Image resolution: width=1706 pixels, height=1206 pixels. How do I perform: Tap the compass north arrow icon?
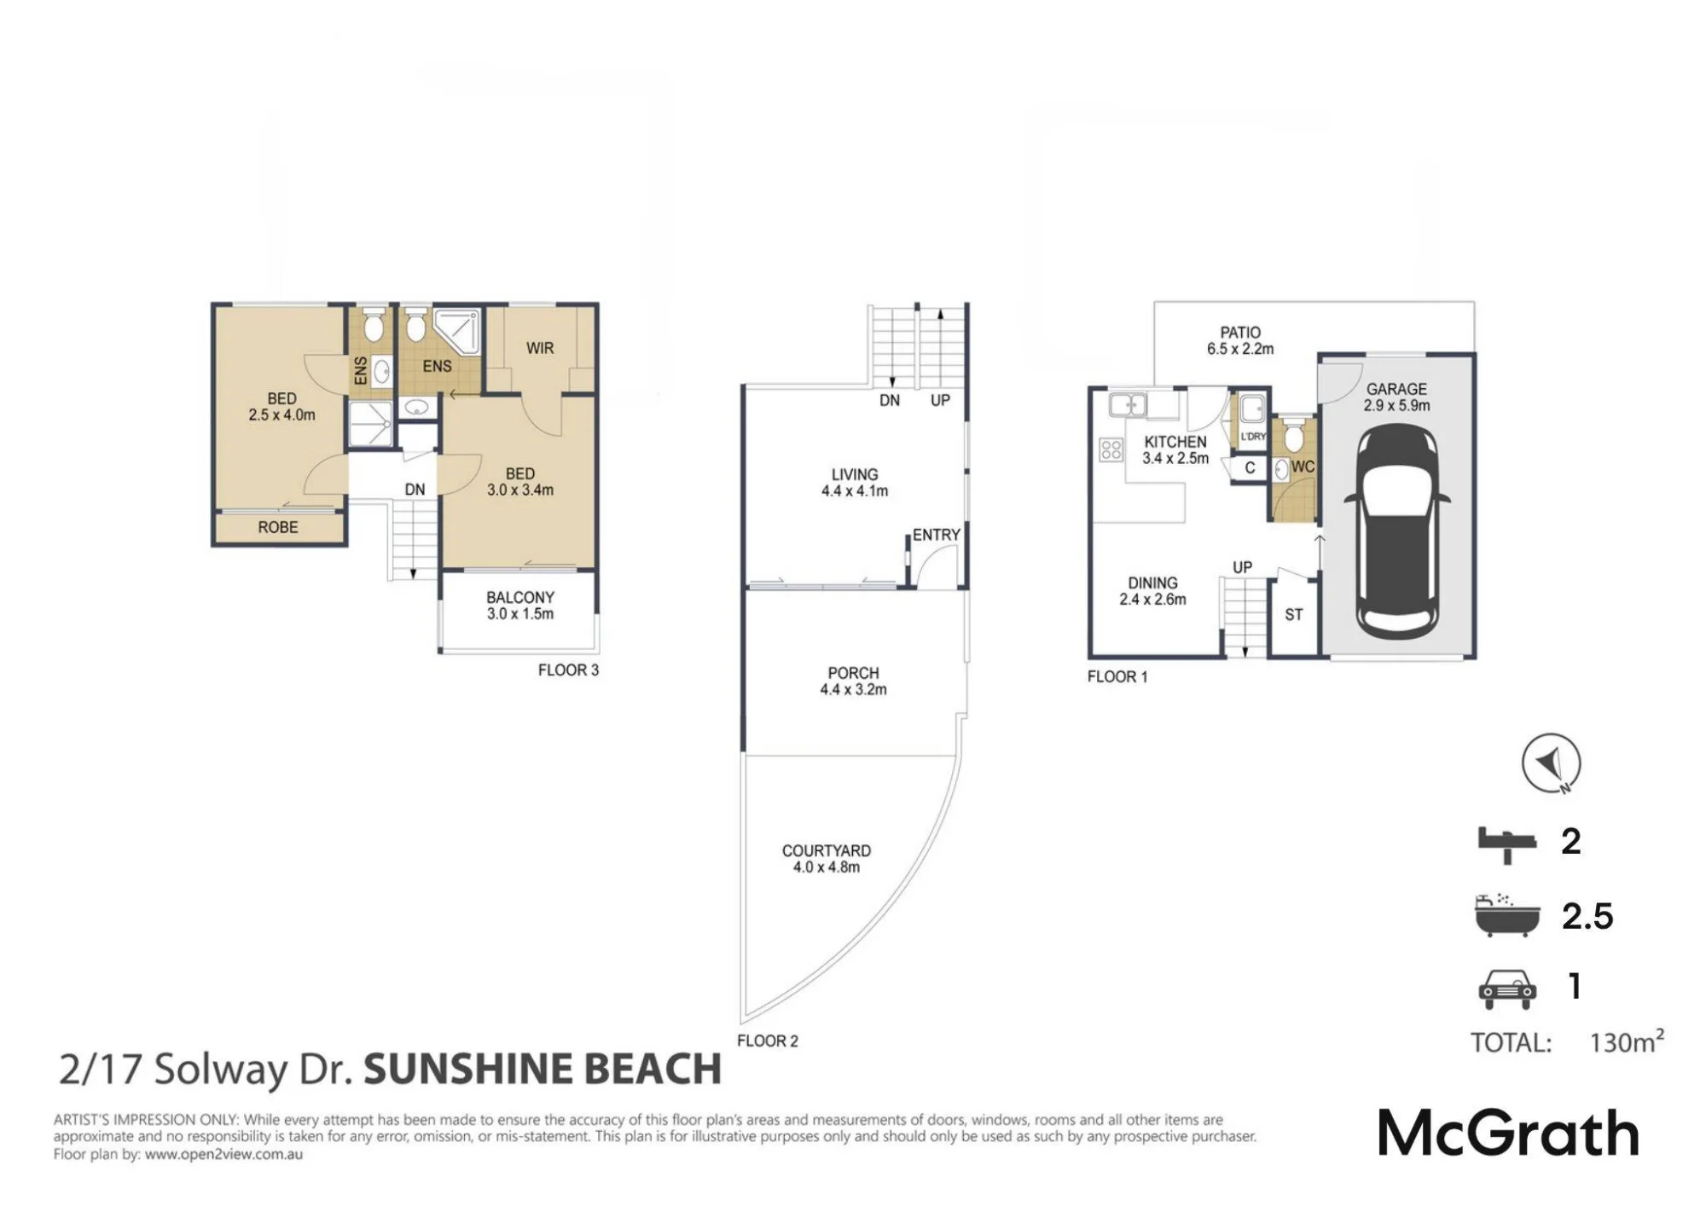tap(1551, 762)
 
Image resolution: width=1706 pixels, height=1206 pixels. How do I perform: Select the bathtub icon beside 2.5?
tap(1507, 916)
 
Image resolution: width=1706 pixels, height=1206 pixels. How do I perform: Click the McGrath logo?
tap(1508, 1134)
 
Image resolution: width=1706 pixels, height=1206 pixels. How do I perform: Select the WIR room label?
tap(540, 348)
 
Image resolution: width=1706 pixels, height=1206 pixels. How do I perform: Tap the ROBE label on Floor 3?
tap(278, 527)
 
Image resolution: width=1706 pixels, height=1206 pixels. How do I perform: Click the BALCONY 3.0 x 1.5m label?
tap(520, 606)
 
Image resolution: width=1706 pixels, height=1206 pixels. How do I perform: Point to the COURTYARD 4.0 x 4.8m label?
tap(827, 859)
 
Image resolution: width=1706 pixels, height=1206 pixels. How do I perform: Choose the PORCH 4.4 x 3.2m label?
tap(853, 681)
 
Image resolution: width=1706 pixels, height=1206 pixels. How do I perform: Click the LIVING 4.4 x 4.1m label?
tap(855, 483)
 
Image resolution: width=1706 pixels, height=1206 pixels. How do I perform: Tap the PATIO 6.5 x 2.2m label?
tap(1240, 340)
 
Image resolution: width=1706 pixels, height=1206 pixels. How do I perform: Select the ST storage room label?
tap(1294, 614)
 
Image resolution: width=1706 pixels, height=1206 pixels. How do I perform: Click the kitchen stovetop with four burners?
tap(1111, 449)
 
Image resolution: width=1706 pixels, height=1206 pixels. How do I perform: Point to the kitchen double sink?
tap(1128, 404)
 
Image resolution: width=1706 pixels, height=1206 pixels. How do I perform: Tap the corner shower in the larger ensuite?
tap(456, 333)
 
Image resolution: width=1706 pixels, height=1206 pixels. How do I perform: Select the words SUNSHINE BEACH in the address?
tap(543, 1070)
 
